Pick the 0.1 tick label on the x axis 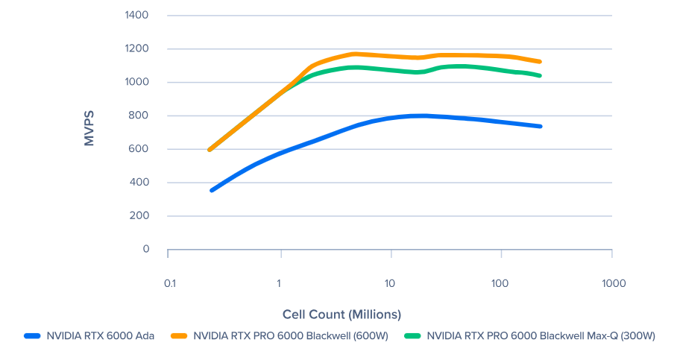pyautogui.click(x=169, y=284)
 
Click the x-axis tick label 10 pyautogui.click(x=389, y=284)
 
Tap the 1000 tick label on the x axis pyautogui.click(x=612, y=284)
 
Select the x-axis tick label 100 pyautogui.click(x=500, y=284)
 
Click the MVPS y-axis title pyautogui.click(x=89, y=128)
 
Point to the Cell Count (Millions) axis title pyautogui.click(x=341, y=315)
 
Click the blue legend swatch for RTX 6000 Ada pyautogui.click(x=31, y=336)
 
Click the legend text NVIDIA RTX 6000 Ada pyautogui.click(x=101, y=336)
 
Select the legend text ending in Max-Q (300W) pyautogui.click(x=541, y=336)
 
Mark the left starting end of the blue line pyautogui.click(x=212, y=190)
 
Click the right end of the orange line pyautogui.click(x=539, y=62)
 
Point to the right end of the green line pyautogui.click(x=539, y=75)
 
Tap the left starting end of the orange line pyautogui.click(x=210, y=149)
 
